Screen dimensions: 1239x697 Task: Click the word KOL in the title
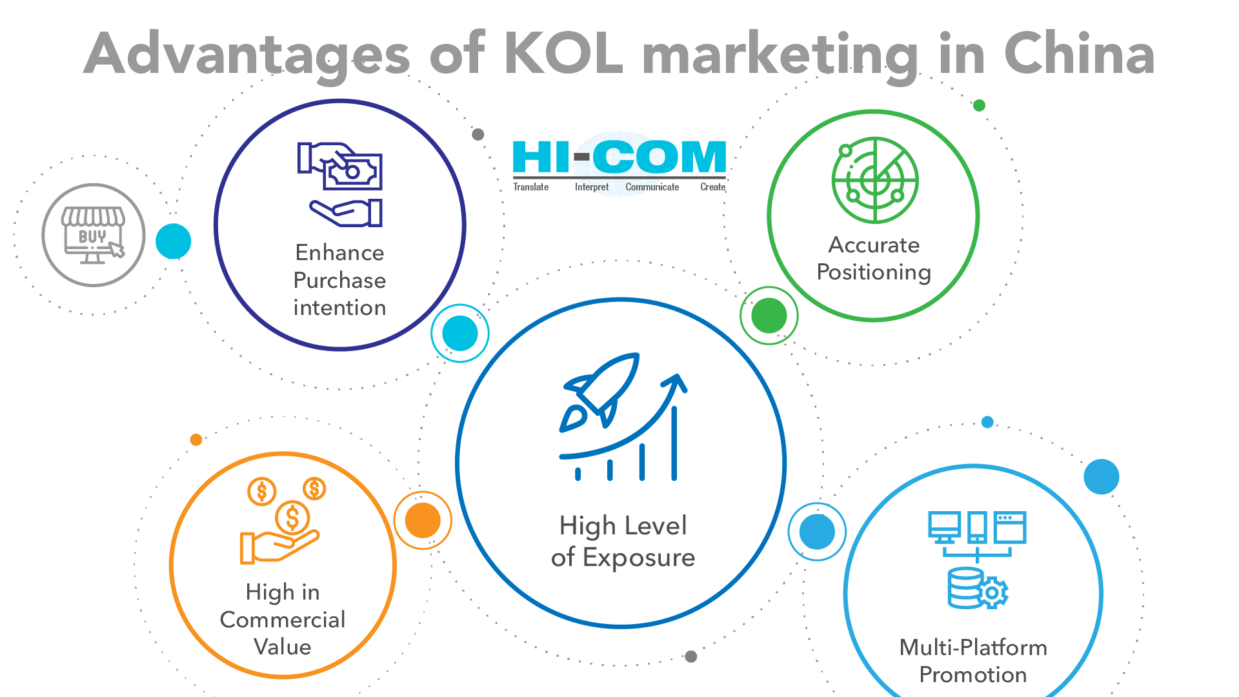tap(563, 54)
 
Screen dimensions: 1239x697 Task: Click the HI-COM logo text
tap(619, 157)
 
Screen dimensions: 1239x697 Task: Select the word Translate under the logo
tap(530, 187)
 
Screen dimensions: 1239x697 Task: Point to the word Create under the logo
tap(713, 187)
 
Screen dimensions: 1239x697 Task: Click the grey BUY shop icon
tap(94, 235)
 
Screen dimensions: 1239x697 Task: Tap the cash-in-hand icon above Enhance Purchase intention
tap(340, 185)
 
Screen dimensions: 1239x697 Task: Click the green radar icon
tap(875, 180)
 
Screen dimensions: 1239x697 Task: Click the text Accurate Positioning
tap(874, 258)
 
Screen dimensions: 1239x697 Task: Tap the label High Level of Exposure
tap(623, 541)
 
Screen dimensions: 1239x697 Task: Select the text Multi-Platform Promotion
tap(973, 660)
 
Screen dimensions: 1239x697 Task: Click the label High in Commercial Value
tap(283, 619)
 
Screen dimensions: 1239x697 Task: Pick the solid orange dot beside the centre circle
tap(423, 520)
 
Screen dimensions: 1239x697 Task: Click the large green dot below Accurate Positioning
tap(769, 316)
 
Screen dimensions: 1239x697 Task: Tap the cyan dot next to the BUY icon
tap(174, 241)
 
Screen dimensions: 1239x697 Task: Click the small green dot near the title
tap(979, 105)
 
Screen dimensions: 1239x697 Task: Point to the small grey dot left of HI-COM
tap(478, 134)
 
